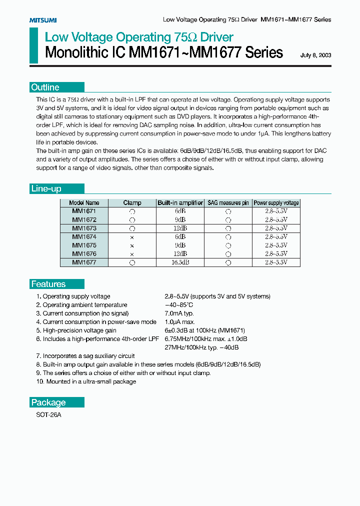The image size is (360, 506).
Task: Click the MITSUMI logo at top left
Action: tap(42, 20)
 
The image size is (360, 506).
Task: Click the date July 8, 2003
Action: tap(315, 55)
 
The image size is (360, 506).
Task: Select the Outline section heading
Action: tap(45, 87)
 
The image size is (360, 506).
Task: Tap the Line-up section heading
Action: tap(46, 188)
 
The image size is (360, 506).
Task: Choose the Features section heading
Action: tap(48, 284)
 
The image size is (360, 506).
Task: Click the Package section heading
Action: tap(48, 402)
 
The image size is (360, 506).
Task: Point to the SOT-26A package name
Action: tap(49, 415)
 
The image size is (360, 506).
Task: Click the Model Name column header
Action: tap(84, 203)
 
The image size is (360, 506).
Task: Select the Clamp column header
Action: tap(132, 203)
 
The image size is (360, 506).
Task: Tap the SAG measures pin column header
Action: tap(228, 203)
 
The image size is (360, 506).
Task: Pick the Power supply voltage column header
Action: tap(276, 203)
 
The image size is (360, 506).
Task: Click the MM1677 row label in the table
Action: tap(84, 262)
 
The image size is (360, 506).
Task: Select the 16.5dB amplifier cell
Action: tap(180, 262)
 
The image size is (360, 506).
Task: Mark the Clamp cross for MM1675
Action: tap(132, 245)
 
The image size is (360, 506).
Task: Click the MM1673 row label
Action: tap(84, 228)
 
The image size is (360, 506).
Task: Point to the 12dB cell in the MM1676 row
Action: tap(180, 254)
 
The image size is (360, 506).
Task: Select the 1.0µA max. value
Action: tap(180, 322)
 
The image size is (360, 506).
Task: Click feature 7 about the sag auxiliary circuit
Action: tap(85, 356)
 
